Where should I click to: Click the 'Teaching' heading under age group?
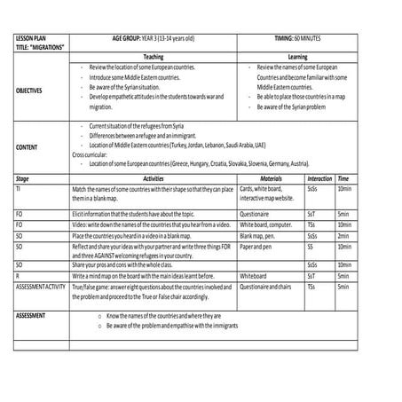click(153, 56)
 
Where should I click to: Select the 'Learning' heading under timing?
click(298, 56)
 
